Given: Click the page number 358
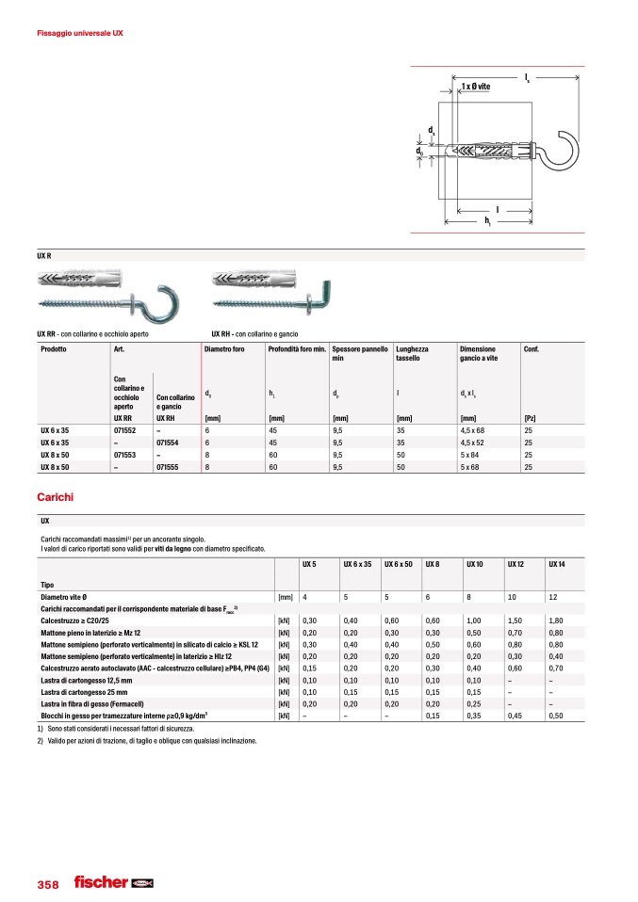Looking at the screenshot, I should pyautogui.click(x=47, y=884).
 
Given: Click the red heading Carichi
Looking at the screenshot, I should pyautogui.click(x=55, y=496).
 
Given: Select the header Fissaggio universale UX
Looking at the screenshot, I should pyautogui.click(x=79, y=33).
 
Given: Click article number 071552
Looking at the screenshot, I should pyautogui.click(x=125, y=429).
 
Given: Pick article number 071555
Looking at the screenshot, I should pyautogui.click(x=169, y=466).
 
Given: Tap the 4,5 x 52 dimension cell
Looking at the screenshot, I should pyautogui.click(x=473, y=442).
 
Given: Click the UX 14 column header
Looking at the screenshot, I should pyautogui.click(x=558, y=563).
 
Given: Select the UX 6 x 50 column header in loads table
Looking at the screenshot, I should pyautogui.click(x=400, y=563).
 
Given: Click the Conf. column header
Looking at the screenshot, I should pyautogui.click(x=532, y=349).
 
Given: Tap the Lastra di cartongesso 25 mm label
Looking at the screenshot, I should pyautogui.click(x=91, y=691).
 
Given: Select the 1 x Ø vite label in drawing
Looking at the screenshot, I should pyautogui.click(x=476, y=87).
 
